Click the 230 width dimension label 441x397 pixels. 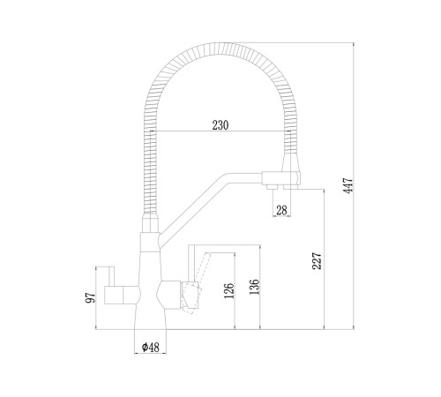pyautogui.click(x=220, y=125)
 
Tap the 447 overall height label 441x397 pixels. pyautogui.click(x=348, y=185)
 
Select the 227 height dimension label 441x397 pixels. pyautogui.click(x=318, y=260)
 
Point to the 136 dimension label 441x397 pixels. pyautogui.click(x=254, y=287)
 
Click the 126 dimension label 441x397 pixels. pyautogui.click(x=229, y=290)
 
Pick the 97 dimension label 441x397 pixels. pyautogui.click(x=91, y=297)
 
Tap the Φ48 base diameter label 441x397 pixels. pyautogui.click(x=150, y=348)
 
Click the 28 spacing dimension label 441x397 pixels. pyautogui.click(x=281, y=210)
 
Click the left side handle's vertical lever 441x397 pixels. pyautogui.click(x=111, y=276)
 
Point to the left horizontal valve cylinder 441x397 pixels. pyautogui.click(x=120, y=295)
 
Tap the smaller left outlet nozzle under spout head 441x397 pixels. pyautogui.click(x=272, y=187)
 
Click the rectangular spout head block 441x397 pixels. pyautogui.click(x=281, y=178)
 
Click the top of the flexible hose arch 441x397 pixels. pyautogui.click(x=220, y=49)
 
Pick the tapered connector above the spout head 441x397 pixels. pyautogui.click(x=291, y=162)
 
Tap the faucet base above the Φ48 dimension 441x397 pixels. pyautogui.click(x=150, y=319)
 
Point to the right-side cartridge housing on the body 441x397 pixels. pyautogui.click(x=168, y=295)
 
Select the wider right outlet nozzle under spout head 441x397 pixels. pyautogui.click(x=290, y=187)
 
